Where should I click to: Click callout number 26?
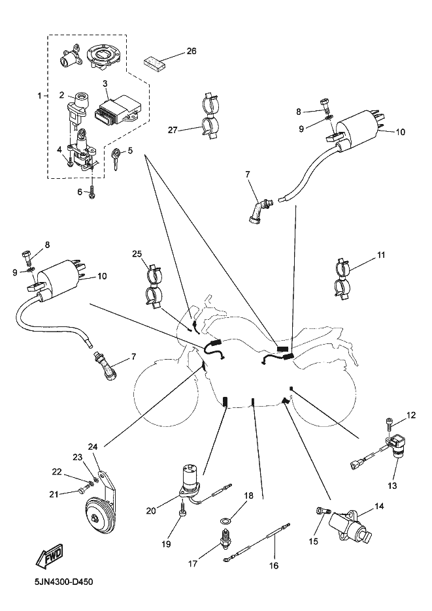191,50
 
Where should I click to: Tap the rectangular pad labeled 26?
156,61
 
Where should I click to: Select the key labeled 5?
116,157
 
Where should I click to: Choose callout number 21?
54,493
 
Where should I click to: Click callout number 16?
273,565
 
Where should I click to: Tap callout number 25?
136,253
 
